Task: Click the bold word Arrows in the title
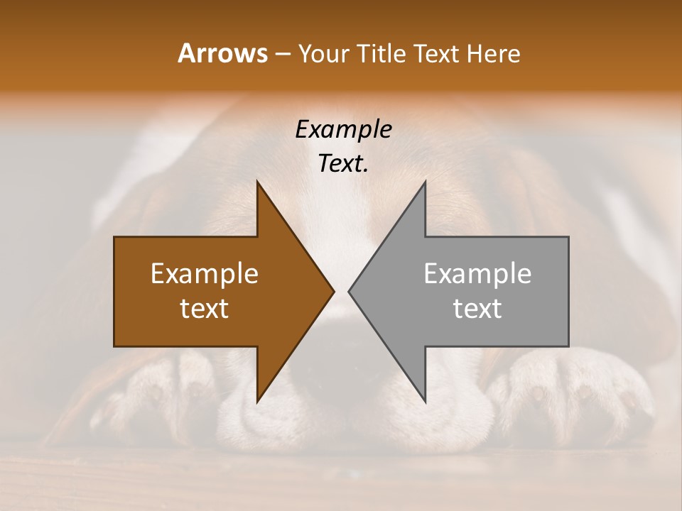[x=223, y=53]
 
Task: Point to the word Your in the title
[x=323, y=53]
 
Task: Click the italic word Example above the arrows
[x=343, y=129]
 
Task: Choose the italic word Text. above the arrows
[x=343, y=163]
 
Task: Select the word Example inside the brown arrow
[x=205, y=274]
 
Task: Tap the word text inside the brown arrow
[x=205, y=309]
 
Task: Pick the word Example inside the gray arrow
[x=477, y=274]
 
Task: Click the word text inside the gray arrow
[x=477, y=309]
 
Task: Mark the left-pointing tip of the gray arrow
[x=350, y=291]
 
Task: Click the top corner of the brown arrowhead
[x=257, y=182]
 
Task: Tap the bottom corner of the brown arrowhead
[x=257, y=401]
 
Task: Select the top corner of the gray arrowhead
[x=425, y=182]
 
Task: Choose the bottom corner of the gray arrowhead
[x=425, y=401]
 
